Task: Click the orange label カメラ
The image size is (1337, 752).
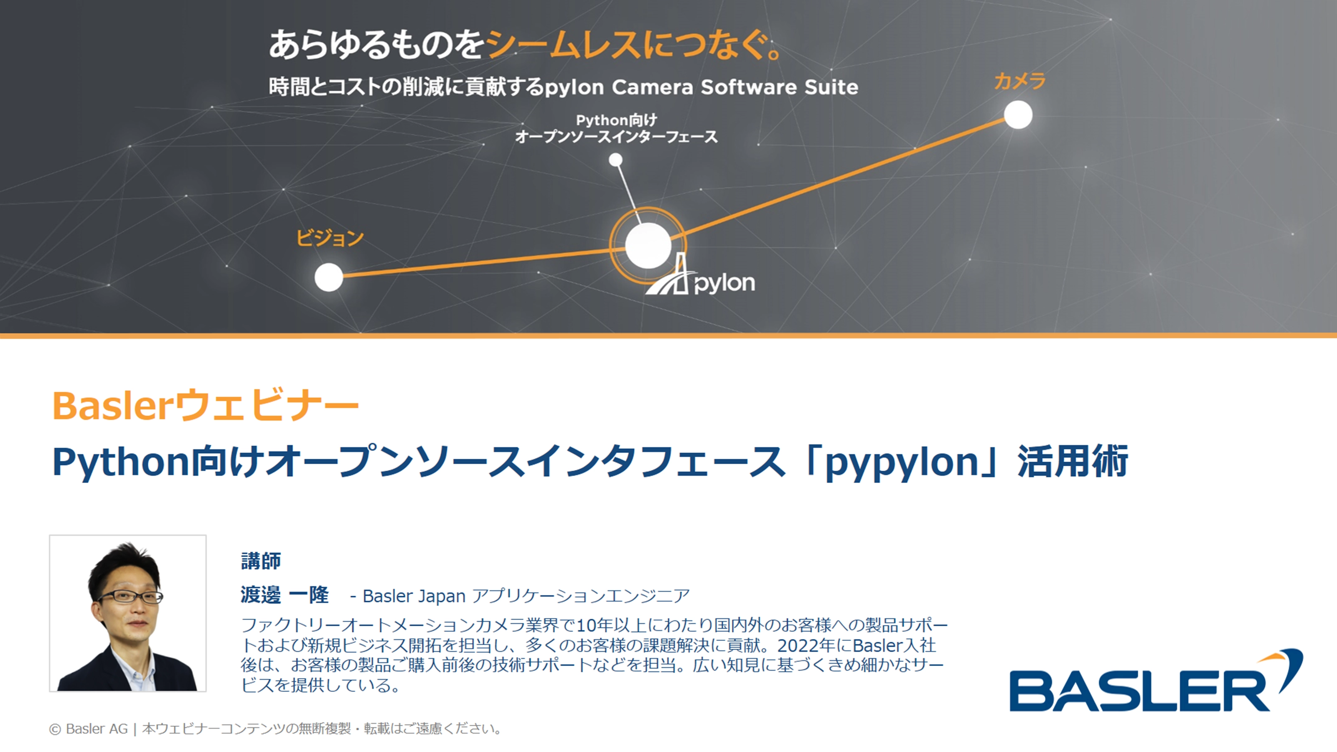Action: (1019, 81)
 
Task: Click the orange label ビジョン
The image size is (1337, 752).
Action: (330, 238)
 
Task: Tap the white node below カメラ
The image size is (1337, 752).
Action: (1018, 115)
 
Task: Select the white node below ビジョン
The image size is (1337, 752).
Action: (328, 277)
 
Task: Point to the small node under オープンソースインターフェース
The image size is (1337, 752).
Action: (615, 160)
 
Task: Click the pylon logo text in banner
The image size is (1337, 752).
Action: (724, 283)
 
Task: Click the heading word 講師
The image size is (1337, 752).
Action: (261, 561)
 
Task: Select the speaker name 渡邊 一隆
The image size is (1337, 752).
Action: (285, 595)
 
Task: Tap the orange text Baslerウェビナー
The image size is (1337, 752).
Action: (206, 405)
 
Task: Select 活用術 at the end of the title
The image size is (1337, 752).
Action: (1073, 461)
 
